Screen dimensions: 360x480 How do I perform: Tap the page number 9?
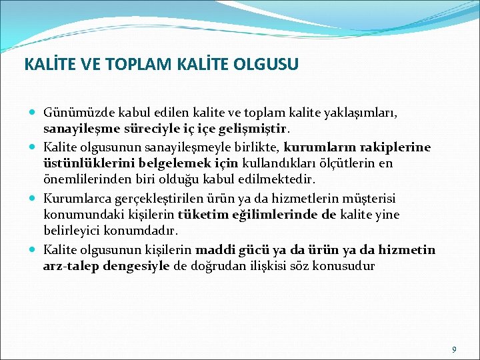pyautogui.click(x=454, y=349)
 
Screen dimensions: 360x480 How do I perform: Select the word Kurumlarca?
pyautogui.click(x=73, y=197)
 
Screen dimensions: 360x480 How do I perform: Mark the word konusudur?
pyautogui.click(x=345, y=267)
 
